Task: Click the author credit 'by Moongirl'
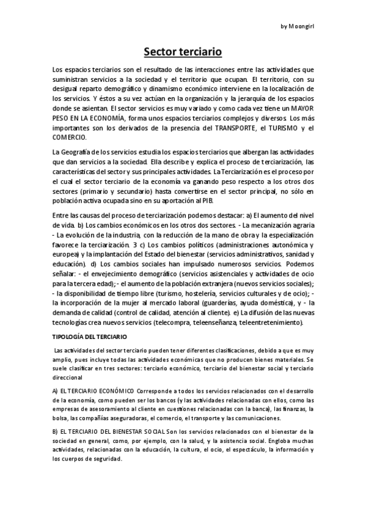(298, 27)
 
